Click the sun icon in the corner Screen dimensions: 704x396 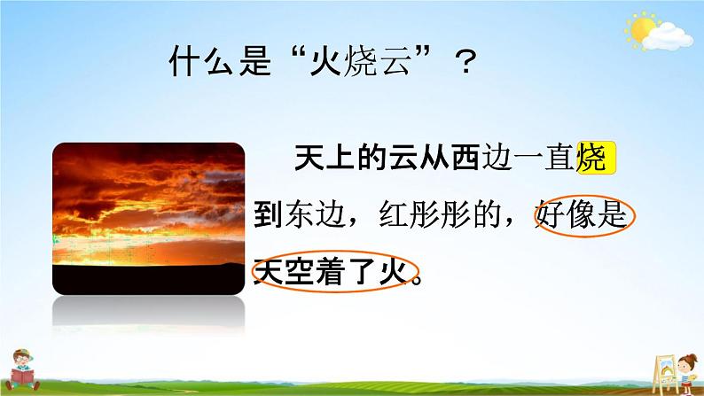point(641,28)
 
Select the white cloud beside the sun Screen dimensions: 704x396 point(667,37)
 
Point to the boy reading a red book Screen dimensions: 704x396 point(21,369)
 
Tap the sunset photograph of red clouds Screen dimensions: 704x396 point(149,219)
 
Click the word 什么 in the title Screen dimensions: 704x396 point(200,60)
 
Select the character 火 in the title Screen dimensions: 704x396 point(326,60)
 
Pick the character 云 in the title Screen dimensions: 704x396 point(395,60)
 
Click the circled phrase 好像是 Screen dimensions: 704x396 point(583,215)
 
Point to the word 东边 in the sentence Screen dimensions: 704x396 point(316,215)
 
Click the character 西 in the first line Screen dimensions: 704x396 point(465,158)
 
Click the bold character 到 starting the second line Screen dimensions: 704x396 point(269,215)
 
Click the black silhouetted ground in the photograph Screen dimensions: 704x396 point(149,279)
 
